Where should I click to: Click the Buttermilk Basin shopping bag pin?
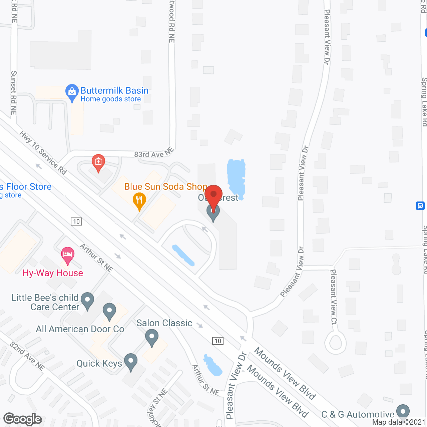click(72, 92)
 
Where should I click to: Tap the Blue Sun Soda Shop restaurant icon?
click(139, 200)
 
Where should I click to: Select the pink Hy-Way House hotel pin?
click(68, 255)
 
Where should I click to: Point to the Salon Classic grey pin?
click(152, 337)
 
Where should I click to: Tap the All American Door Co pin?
click(109, 311)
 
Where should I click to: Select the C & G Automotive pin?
click(403, 412)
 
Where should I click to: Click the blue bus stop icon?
click(420, 205)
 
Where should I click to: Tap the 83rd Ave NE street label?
click(154, 153)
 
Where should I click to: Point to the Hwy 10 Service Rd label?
click(43, 152)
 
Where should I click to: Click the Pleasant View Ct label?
click(334, 297)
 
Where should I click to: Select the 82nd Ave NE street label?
click(27, 356)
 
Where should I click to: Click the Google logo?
click(23, 419)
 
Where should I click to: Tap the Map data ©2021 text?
click(399, 422)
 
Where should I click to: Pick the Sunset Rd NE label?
click(14, 93)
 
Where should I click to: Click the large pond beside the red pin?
click(236, 177)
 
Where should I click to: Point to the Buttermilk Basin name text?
click(114, 91)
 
